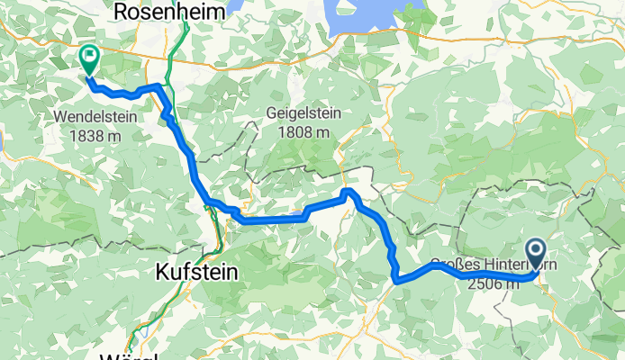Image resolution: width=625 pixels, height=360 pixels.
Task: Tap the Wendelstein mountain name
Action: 93,117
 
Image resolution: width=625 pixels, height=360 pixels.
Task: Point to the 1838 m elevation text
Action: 93,134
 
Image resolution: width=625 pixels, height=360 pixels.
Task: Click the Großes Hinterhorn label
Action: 486,265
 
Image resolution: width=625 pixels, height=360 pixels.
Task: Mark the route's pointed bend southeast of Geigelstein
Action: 349,193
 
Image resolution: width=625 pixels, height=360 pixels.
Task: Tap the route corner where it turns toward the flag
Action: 159,86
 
